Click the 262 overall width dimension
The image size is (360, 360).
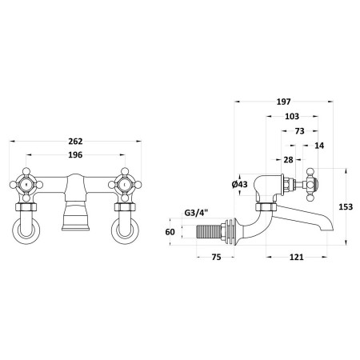click(x=75, y=142)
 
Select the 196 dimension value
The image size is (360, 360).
click(x=75, y=155)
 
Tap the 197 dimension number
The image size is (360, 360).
click(x=283, y=102)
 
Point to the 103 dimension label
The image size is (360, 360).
click(x=292, y=117)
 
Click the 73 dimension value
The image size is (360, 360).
click(x=300, y=131)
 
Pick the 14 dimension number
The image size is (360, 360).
click(x=319, y=146)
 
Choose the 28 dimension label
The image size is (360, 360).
click(x=288, y=160)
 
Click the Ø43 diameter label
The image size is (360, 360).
click(x=240, y=184)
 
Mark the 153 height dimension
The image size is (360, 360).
click(x=346, y=206)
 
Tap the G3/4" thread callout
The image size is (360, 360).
click(x=196, y=213)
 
